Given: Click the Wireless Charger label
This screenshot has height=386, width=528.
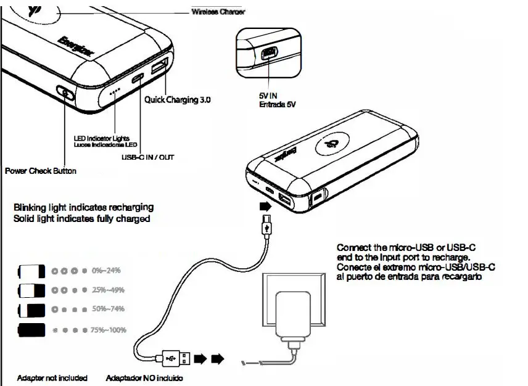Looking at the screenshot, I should point(218,11).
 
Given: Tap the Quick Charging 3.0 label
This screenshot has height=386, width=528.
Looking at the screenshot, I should point(178,100).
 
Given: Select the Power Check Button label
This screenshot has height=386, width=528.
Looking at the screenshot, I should point(41,171).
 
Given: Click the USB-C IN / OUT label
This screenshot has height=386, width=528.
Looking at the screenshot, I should point(147,157).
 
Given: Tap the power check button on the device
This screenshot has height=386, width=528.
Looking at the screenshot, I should point(65,94).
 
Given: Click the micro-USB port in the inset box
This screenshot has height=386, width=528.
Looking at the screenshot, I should point(269,54).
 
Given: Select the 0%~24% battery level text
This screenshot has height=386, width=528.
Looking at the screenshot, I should point(105,271).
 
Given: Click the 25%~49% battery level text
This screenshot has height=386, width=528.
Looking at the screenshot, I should point(108,289).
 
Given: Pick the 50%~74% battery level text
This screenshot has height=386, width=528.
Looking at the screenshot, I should point(108,308).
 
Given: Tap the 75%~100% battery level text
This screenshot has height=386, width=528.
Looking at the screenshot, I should point(109,330).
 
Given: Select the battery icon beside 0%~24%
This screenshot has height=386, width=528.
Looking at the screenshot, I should point(32,271).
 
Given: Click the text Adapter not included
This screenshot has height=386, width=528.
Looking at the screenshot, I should point(52,377).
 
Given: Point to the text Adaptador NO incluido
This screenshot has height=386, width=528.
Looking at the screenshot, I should point(145,377).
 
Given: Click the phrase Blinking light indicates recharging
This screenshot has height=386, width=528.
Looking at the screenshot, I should point(83,207).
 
